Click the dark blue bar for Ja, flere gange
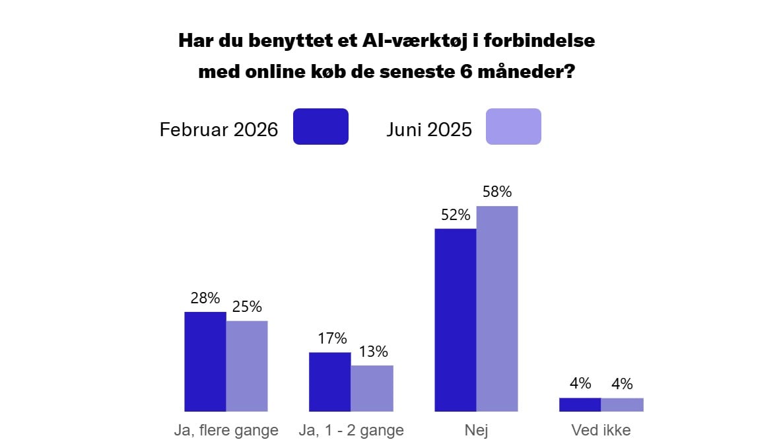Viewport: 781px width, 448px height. point(205,361)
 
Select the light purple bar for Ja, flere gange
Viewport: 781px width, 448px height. point(247,366)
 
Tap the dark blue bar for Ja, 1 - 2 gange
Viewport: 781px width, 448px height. point(330,382)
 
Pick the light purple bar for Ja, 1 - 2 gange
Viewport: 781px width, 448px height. point(372,389)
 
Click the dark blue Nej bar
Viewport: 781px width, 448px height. point(455,320)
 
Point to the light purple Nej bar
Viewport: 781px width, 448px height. point(497,309)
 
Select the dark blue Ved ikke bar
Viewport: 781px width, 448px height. point(580,404)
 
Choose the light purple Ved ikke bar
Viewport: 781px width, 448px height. point(622,404)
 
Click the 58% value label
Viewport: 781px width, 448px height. point(497,192)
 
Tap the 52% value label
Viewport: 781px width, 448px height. point(456,215)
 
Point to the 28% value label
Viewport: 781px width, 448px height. point(205,298)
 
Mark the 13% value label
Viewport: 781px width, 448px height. point(373,352)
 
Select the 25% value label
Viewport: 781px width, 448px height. point(247,307)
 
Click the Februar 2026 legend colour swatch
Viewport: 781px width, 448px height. point(320,126)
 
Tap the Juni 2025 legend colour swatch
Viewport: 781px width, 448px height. point(513,126)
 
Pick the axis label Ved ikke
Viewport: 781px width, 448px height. point(601,431)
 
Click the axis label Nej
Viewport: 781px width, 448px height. point(476,431)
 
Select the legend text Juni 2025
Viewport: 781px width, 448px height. point(429,130)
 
